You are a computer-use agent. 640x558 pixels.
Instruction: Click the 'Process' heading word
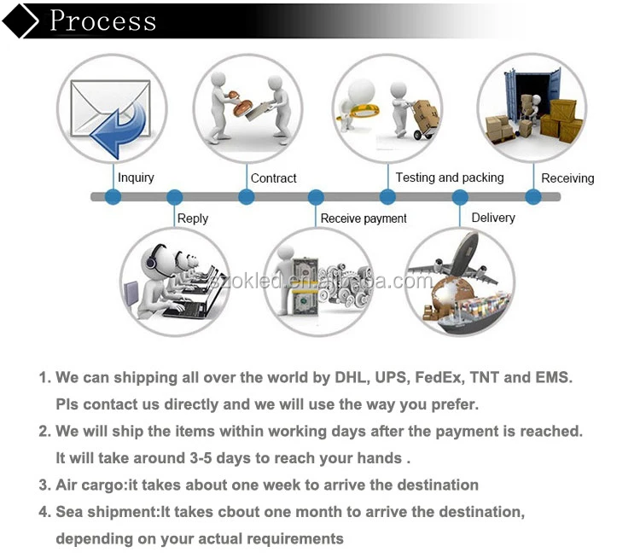coord(102,20)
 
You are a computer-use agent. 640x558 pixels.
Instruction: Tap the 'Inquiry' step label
coord(136,177)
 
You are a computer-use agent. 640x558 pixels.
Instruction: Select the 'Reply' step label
coord(192,218)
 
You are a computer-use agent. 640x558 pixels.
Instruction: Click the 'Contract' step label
coord(273,178)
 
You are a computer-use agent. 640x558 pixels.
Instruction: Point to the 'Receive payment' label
coord(364,219)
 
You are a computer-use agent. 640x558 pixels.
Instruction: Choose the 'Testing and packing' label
coord(449,177)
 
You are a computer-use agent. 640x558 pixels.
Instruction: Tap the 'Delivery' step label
coord(492,218)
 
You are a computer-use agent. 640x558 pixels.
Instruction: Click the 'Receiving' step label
coord(567,178)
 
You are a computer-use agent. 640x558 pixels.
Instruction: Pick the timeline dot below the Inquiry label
coord(113,197)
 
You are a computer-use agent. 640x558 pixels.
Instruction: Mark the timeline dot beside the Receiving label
coord(533,197)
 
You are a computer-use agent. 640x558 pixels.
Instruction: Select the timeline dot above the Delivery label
coord(460,197)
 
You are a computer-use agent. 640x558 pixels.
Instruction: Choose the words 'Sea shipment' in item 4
coord(105,512)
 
